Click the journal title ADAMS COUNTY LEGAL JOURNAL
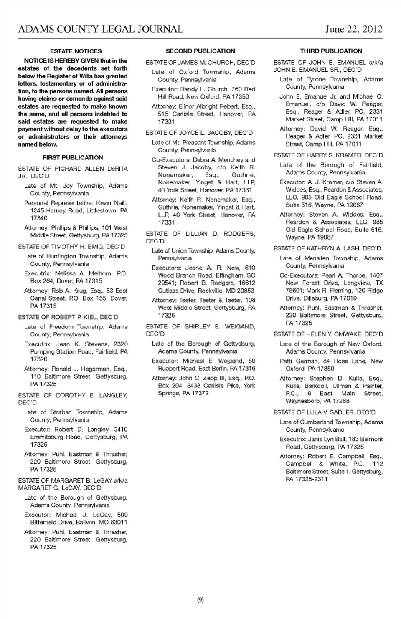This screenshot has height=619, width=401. coord(101,29)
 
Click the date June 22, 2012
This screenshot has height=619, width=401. coord(354,29)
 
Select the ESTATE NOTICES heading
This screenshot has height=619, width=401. coord(76,51)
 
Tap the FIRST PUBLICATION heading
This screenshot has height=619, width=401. coord(73,158)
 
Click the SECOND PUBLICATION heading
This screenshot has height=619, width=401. coord(200,51)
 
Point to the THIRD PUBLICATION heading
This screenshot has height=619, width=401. coord(331,51)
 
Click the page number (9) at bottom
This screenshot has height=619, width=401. coord(200,600)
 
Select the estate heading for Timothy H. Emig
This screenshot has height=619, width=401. coord(71,247)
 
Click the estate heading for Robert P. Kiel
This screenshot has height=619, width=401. coord(68,317)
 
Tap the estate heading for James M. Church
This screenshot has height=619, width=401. coord(200,63)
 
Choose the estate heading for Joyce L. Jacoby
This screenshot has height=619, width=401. coord(199,133)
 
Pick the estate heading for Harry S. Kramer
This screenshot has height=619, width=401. coord(328,155)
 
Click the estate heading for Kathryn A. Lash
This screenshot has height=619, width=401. coord(327,248)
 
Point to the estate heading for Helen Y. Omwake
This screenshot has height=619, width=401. coord(328,334)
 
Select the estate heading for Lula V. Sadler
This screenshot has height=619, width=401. coord(324,412)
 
